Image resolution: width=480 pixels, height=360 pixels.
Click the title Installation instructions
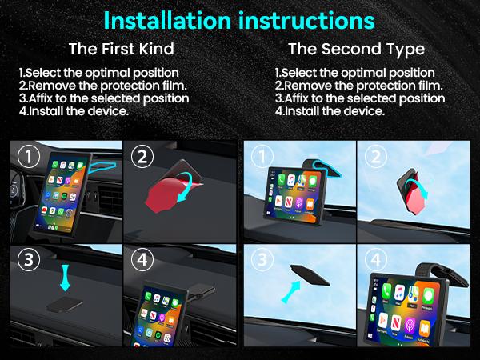(x=240, y=19)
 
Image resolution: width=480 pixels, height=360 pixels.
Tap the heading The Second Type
(x=356, y=50)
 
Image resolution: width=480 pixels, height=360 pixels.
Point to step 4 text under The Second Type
(x=330, y=111)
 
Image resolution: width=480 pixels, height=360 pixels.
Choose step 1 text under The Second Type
(x=354, y=73)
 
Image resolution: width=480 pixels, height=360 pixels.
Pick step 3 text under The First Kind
(x=104, y=98)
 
